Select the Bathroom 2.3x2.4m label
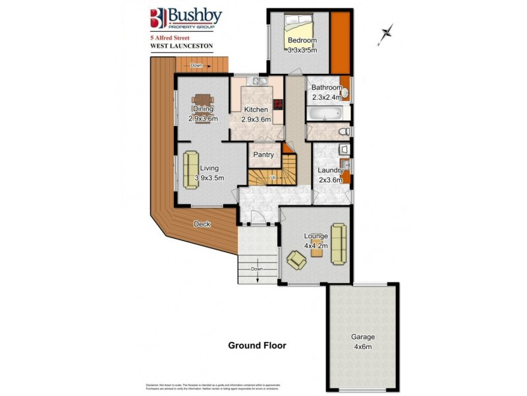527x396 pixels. point(327,92)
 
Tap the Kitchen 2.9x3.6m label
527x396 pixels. point(256,114)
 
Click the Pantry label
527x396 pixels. point(263,155)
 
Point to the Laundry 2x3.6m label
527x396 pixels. point(331,174)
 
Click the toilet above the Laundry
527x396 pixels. point(343,132)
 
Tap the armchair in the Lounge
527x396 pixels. point(296,259)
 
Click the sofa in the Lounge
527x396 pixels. point(338,242)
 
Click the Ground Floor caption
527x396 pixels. point(257,345)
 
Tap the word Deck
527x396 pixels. point(202,224)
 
